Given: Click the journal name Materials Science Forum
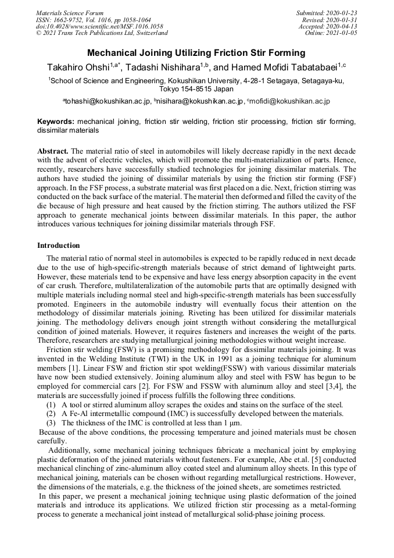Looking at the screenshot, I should (70, 13).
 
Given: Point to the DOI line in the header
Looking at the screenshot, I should (99, 27).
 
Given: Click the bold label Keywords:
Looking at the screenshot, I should (56, 122).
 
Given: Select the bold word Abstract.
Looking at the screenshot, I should (53, 150).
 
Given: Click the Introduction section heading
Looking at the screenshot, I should (59, 246).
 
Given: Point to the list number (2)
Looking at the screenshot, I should (51, 414).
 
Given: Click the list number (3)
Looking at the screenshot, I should (51, 423).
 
